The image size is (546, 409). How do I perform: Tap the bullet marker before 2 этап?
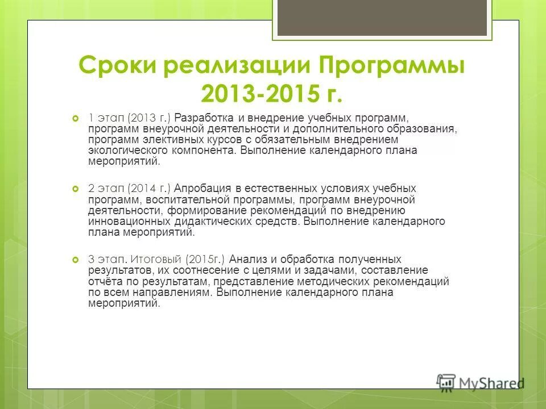tap(76, 189)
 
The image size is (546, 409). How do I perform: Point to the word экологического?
tap(127, 151)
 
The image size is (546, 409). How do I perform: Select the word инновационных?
tap(129, 222)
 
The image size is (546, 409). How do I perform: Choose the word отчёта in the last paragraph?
tap(103, 281)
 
